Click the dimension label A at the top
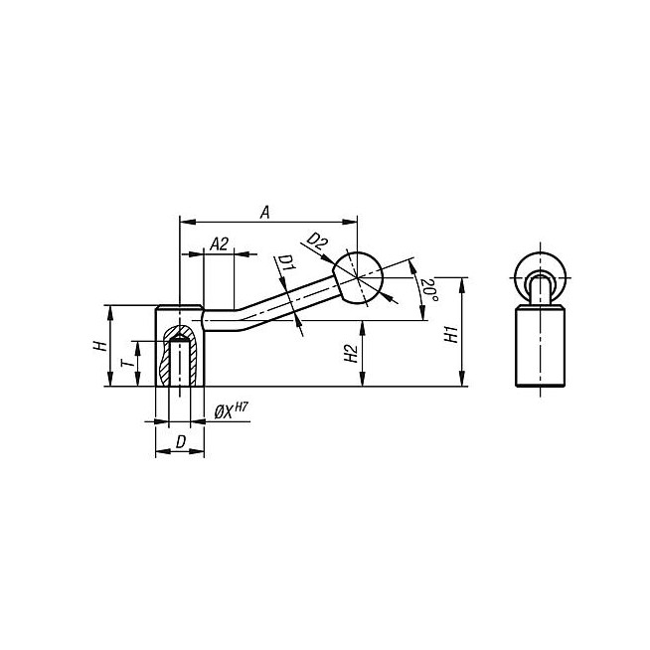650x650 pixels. tap(264, 211)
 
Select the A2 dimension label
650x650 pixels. tap(221, 244)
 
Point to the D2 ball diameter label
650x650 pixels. tap(316, 242)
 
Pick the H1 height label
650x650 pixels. tap(451, 333)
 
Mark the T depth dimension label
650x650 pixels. tap(126, 364)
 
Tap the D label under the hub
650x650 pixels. tap(180, 440)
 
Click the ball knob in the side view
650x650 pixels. tap(358, 275)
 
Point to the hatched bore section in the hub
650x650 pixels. tap(180, 356)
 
